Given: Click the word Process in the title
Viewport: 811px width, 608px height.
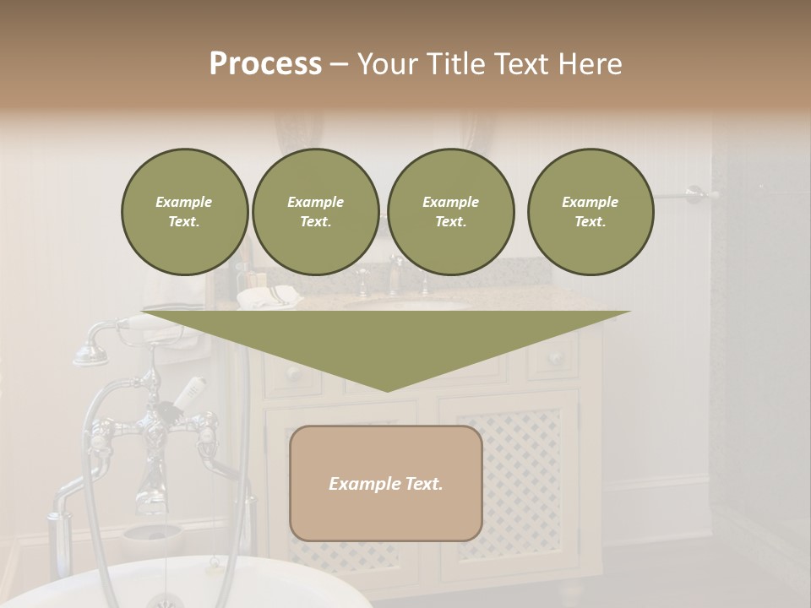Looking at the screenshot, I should coord(265,64).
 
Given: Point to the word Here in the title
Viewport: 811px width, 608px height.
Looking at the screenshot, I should coord(591,64).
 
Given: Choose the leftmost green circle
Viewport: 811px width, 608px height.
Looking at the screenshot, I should coord(185,212).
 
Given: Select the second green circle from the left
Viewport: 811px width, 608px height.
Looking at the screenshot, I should coord(316,212).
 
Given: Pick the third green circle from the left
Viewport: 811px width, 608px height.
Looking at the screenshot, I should coord(451,212).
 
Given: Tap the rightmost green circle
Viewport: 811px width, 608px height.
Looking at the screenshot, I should coord(591,212).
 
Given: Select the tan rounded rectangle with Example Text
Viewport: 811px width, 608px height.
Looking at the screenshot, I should coord(386,483).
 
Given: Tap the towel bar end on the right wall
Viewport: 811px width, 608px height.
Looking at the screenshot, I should coord(695,194).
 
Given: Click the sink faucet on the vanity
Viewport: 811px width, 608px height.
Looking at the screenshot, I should coord(395,274).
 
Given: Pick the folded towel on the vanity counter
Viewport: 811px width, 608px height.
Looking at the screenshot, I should coord(268,297).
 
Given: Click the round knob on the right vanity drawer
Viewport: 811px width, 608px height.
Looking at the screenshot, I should coord(555,357).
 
